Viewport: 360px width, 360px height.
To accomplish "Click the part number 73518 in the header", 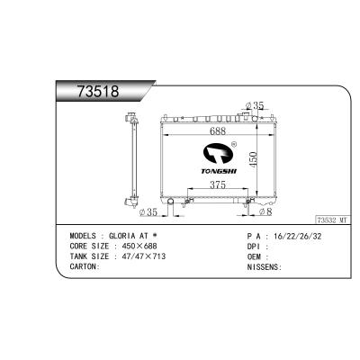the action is pos(98,91).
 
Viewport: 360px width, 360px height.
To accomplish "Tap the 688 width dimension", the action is pos(218,131).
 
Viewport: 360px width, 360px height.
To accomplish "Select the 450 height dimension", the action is pos(254,159).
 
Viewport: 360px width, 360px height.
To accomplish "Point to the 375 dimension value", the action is pos(218,185).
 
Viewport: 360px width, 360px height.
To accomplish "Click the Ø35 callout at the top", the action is pos(255,105).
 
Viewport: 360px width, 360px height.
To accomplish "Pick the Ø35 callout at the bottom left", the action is pos(148,212).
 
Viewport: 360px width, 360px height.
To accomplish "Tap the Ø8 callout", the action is pos(265,211).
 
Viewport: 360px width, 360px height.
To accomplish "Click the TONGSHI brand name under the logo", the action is pos(219,171).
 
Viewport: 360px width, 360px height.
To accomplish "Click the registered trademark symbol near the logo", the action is pos(234,144).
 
